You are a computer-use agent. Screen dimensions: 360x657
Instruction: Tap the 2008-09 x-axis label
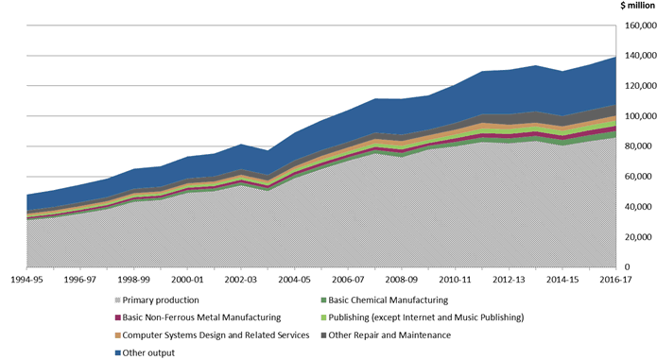[x=402, y=281]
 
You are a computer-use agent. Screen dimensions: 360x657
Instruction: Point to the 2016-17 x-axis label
[x=614, y=281]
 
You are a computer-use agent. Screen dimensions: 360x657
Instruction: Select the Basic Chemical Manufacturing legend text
[x=382, y=300]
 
